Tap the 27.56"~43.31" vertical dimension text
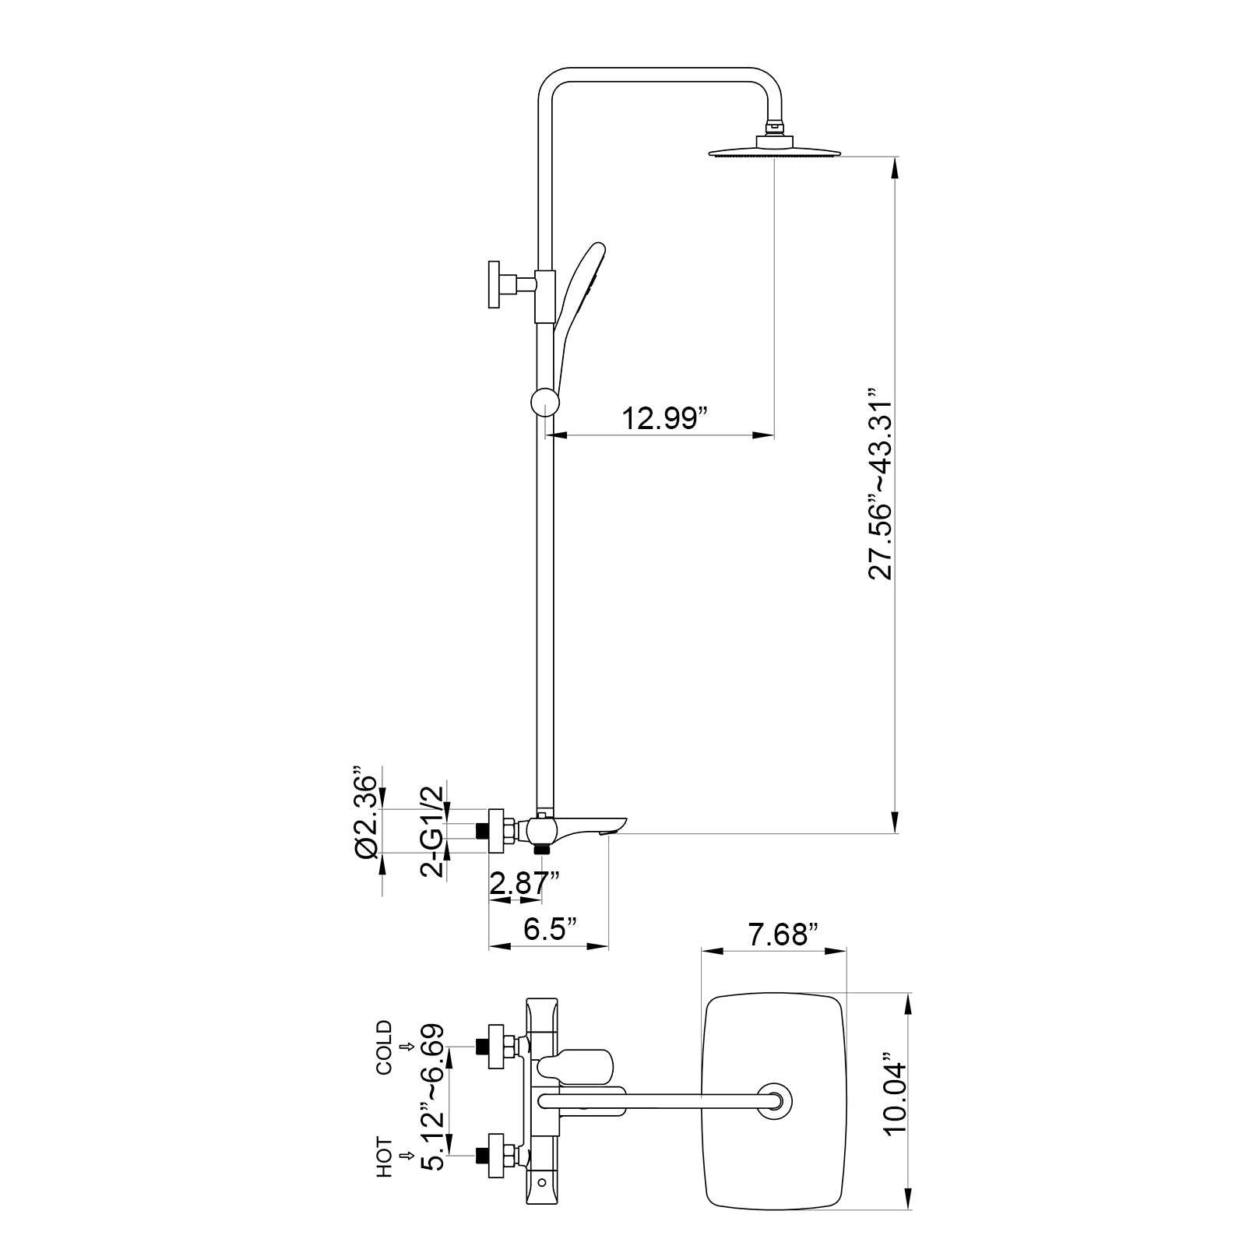pos(882,482)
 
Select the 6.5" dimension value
pos(550,929)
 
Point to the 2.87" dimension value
pos(524,884)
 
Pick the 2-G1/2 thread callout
pos(434,832)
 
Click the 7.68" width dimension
pos(783,934)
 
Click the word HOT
pos(385,1156)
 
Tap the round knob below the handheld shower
pos(544,403)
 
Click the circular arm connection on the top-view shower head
pos(775,1101)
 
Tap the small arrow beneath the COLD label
pos(404,1047)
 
